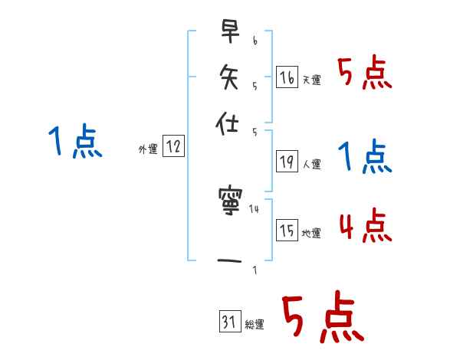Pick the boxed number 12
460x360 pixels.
[174, 147]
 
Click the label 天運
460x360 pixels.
[312, 80]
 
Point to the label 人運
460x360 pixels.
[312, 164]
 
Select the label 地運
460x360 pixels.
[312, 233]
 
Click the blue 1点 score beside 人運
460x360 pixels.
[366, 157]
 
